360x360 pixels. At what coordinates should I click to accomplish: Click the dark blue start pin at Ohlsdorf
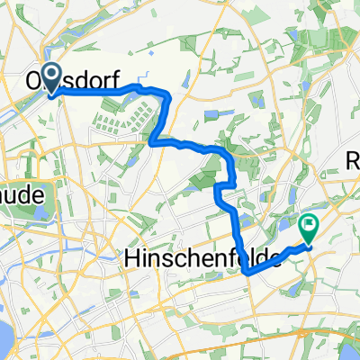[x=51, y=76]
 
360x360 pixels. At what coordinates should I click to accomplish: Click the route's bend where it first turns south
[x=167, y=94]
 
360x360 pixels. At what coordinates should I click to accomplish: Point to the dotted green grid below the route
[x=121, y=117]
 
